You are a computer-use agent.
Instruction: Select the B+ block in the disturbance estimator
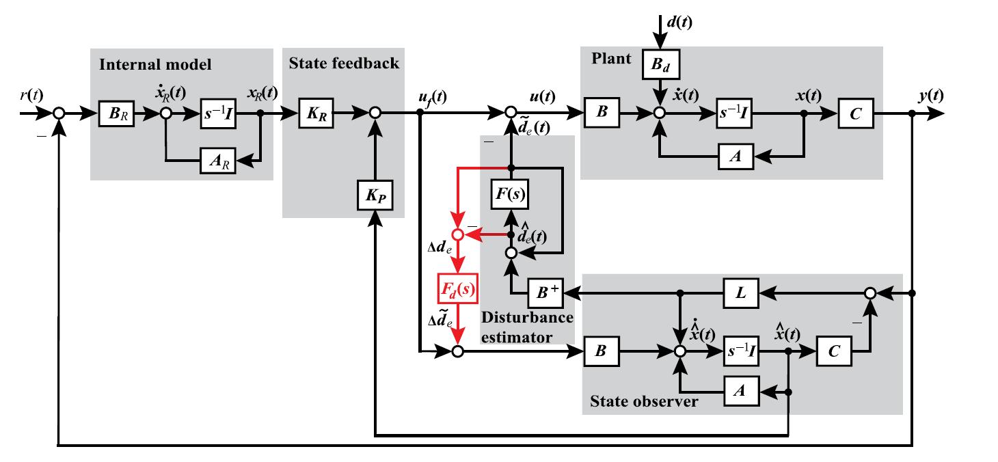pos(547,294)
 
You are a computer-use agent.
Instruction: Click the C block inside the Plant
pos(857,113)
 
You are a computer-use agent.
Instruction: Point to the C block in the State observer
pos(833,351)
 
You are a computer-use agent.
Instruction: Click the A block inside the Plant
pos(735,157)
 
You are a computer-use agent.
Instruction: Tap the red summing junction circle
pos(457,235)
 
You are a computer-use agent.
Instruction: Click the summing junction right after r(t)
pos(59,113)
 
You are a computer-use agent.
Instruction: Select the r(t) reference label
pos(32,95)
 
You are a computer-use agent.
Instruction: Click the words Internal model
pos(155,66)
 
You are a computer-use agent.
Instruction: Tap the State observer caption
pos(644,401)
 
